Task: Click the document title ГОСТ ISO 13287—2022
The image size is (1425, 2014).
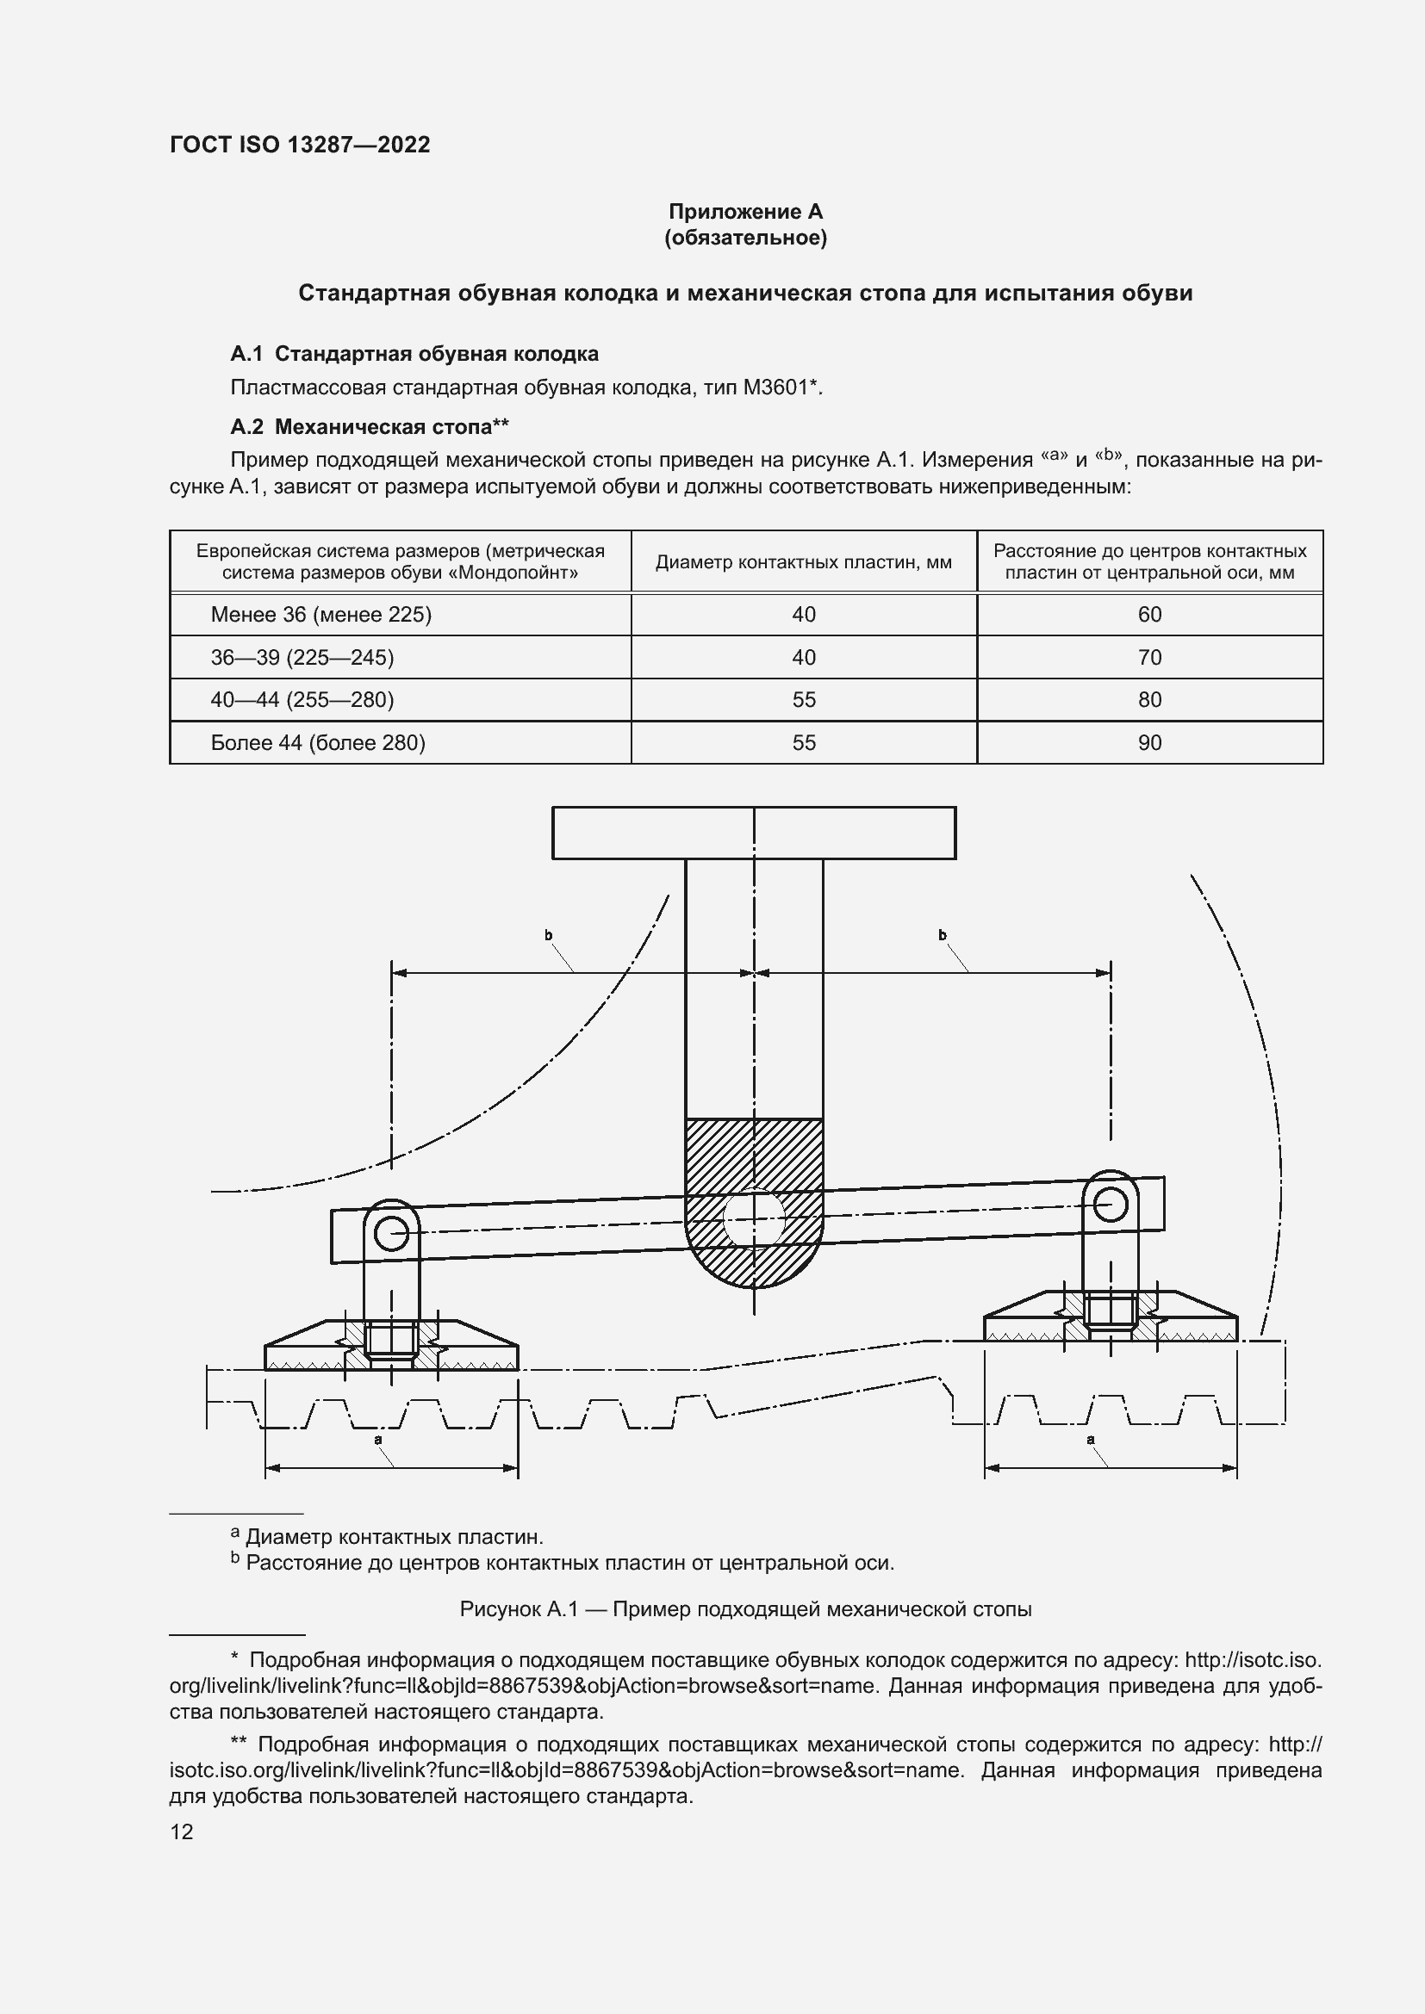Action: point(300,145)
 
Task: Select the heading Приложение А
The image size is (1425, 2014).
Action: point(745,212)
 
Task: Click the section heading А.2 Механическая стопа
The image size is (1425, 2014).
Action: point(370,426)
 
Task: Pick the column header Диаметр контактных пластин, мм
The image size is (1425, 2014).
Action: point(803,562)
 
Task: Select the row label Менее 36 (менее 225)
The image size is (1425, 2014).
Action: point(321,614)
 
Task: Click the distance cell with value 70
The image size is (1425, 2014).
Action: point(1148,657)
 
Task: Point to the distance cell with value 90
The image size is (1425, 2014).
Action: point(1148,742)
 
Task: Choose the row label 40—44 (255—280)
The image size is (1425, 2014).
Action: point(302,699)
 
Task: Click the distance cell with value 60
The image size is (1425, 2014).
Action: point(1148,614)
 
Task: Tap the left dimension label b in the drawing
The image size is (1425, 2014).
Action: point(549,935)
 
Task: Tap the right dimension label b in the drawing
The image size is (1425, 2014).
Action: point(943,935)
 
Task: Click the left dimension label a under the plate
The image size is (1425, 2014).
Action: point(378,1439)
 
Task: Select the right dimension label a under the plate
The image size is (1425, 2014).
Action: point(1091,1439)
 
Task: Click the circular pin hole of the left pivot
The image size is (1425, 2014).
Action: point(390,1234)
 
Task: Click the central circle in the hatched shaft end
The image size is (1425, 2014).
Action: point(753,1218)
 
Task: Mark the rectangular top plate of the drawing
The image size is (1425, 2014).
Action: point(753,833)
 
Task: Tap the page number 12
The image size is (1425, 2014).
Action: point(182,1831)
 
